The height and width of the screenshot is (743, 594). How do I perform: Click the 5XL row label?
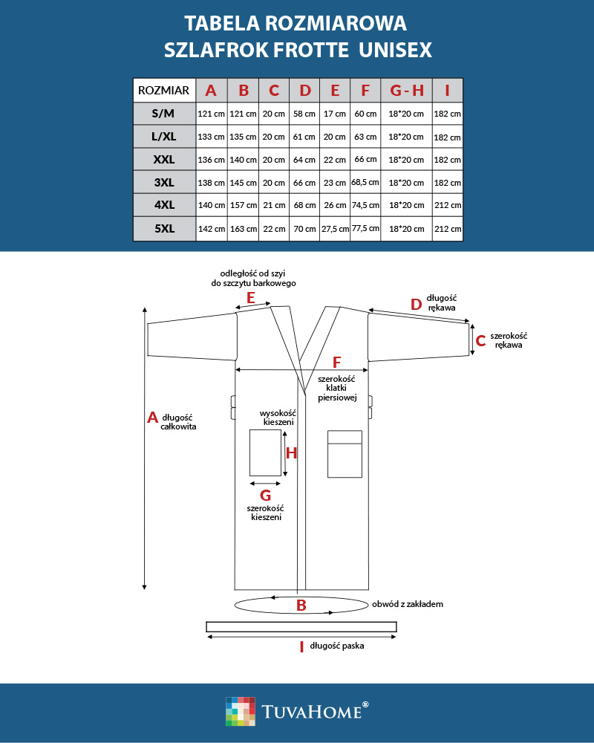(x=164, y=229)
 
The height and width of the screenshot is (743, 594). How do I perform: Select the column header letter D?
(x=304, y=91)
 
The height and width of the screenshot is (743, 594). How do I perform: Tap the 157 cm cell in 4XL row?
(x=243, y=206)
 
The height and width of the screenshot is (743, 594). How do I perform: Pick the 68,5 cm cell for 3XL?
(x=365, y=182)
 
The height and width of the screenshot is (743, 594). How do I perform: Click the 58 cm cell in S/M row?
(x=304, y=114)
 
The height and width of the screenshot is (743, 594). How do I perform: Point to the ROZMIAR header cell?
(x=164, y=91)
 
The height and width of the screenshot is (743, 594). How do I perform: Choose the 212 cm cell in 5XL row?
(x=447, y=229)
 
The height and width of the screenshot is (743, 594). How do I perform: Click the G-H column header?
(x=406, y=91)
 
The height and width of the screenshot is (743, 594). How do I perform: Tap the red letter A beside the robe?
(x=153, y=418)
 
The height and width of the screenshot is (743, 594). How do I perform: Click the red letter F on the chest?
(x=336, y=363)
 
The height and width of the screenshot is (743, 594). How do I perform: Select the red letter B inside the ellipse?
(x=301, y=606)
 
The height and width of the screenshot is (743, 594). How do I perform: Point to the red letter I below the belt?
(x=301, y=647)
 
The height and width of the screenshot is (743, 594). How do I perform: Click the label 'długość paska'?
(x=337, y=646)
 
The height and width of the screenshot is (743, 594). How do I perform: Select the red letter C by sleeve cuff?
(x=480, y=341)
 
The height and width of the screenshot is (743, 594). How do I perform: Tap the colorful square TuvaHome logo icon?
(x=240, y=711)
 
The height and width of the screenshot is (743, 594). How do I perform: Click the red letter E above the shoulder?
(x=251, y=298)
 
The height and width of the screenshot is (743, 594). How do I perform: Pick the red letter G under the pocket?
(x=265, y=495)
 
